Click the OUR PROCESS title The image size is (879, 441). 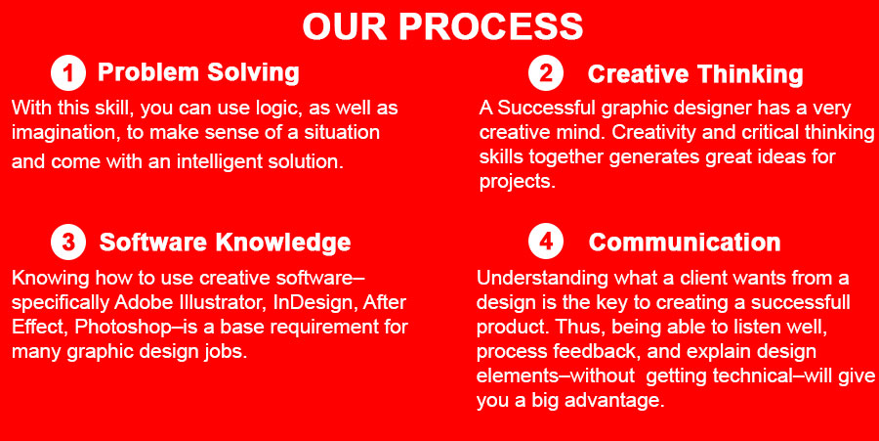point(442,26)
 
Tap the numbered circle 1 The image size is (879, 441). point(68,73)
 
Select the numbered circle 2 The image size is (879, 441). point(545,73)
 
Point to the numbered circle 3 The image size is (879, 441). point(68,243)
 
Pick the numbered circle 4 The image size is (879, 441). point(545,243)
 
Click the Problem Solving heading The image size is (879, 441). point(198,73)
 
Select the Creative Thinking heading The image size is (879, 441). point(695,74)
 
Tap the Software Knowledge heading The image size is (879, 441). point(225,243)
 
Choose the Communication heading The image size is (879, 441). point(685,243)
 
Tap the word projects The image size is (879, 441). point(518,182)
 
